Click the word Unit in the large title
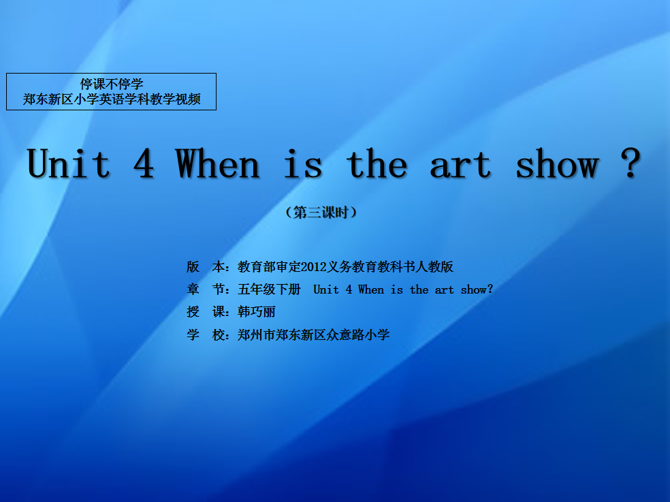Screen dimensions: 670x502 pos(69,163)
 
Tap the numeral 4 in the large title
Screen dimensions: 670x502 pos(144,163)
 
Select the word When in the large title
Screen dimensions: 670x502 pos(217,163)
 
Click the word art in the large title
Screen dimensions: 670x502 pos(460,165)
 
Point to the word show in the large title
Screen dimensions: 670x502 pos(558,163)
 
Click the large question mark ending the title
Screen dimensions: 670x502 pos(631,163)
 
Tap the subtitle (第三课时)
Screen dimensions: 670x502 pos(321,212)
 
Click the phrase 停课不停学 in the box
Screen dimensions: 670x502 pos(112,84)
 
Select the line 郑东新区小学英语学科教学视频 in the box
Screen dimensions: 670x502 pos(112,99)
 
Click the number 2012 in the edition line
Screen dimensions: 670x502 pos(314,267)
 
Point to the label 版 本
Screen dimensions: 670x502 pos(206,267)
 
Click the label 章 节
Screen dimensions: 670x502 pos(206,289)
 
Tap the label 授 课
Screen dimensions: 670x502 pos(206,312)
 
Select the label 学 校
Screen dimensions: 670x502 pos(206,334)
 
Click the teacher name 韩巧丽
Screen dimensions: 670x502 pos(257,312)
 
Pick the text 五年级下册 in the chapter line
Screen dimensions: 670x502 pos(269,289)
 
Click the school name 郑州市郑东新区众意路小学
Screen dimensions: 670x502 pos(314,334)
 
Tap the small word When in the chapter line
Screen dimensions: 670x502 pos(371,289)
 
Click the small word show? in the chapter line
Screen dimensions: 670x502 pos(477,289)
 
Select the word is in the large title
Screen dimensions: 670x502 pos(304,163)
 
